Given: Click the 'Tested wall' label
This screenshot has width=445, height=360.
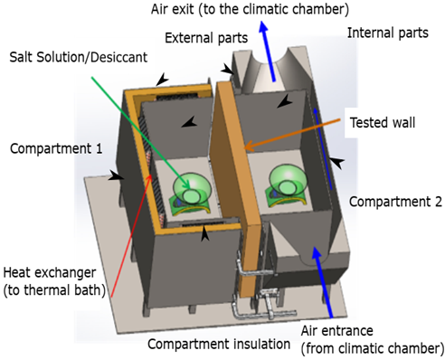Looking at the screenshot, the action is coord(383,123).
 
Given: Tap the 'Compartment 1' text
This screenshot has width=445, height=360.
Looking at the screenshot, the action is coord(56,148).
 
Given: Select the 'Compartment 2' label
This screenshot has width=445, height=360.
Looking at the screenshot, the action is coord(395,202).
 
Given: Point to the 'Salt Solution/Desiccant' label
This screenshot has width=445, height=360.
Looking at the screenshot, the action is coord(79,57).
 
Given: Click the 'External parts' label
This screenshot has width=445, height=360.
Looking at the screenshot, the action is coord(206,38).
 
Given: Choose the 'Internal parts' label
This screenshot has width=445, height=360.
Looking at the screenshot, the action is coord(388,33).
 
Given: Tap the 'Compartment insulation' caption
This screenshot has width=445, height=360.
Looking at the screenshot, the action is coord(219,344).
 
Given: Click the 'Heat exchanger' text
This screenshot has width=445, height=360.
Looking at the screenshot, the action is coord(50,272).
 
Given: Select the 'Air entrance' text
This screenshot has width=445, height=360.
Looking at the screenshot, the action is coord(337,331).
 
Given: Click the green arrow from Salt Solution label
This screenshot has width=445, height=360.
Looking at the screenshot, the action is coord(140,133).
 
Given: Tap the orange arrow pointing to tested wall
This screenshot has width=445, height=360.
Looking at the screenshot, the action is coord(292,135).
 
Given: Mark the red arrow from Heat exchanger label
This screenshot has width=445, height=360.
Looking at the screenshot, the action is coord(131,235).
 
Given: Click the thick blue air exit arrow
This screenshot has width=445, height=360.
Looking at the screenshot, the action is coord(268,51).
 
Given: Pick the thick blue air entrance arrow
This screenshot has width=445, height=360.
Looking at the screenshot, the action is coord(323,282).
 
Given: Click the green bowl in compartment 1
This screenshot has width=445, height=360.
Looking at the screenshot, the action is coord(188,188).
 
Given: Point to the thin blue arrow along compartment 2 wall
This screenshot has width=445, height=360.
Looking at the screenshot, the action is coord(323,149).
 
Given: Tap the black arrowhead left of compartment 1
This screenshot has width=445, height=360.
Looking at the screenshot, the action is coord(117,176).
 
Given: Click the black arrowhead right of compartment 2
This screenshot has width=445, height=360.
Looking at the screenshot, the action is coord(336,162).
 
